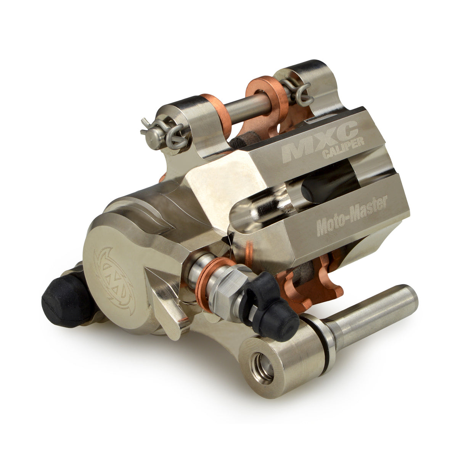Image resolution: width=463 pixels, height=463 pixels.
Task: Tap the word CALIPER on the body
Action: tap(343, 148)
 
